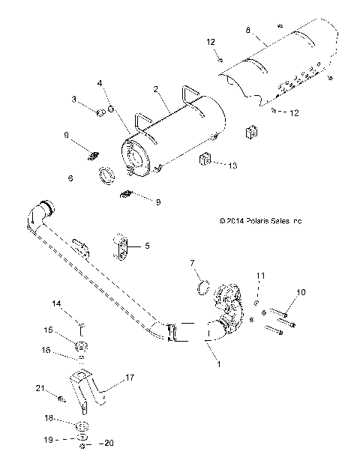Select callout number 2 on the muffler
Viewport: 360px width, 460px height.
(x=156, y=88)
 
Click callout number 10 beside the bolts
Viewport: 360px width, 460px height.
(x=301, y=291)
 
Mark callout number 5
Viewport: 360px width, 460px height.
(x=148, y=245)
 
